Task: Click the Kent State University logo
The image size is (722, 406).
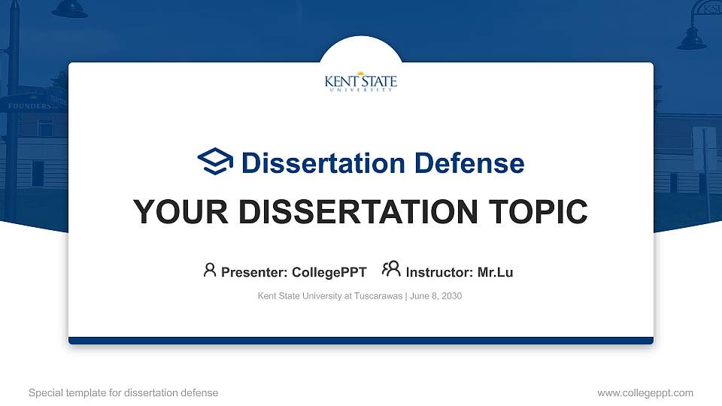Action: click(361, 82)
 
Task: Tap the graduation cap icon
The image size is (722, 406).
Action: click(215, 162)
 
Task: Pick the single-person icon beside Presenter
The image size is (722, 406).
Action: click(210, 270)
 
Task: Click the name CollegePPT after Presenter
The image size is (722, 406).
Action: click(329, 272)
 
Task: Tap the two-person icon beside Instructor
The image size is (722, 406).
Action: click(391, 270)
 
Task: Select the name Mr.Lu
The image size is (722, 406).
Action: click(495, 272)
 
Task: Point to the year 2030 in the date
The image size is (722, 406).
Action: click(451, 296)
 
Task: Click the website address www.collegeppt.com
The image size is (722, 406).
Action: click(645, 392)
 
